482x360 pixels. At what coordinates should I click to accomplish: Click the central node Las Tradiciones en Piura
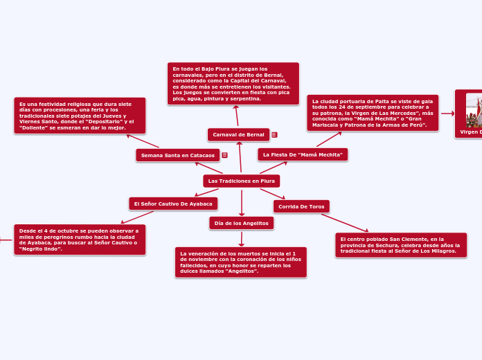241,181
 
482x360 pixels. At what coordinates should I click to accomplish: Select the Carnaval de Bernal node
238,134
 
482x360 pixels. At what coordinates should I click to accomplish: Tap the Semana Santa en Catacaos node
177,155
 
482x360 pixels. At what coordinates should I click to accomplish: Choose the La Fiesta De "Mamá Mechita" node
303,154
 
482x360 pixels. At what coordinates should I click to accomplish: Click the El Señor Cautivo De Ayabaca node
173,204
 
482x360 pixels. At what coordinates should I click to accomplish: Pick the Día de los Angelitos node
241,223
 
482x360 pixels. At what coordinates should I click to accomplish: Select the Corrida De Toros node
301,206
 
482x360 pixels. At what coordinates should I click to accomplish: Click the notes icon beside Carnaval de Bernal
274,134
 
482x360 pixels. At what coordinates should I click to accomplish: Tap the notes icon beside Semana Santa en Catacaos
224,155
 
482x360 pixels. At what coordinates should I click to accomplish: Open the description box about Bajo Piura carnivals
233,84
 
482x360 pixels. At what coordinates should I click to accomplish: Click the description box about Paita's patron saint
373,113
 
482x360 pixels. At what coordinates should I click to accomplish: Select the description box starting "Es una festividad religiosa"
80,116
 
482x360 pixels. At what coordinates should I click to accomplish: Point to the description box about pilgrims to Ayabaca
80,240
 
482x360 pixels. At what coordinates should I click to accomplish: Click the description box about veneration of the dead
240,262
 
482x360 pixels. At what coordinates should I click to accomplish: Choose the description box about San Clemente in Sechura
400,245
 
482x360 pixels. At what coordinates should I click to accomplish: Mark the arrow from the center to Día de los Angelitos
241,202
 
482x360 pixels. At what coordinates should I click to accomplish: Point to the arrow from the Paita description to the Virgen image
447,113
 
